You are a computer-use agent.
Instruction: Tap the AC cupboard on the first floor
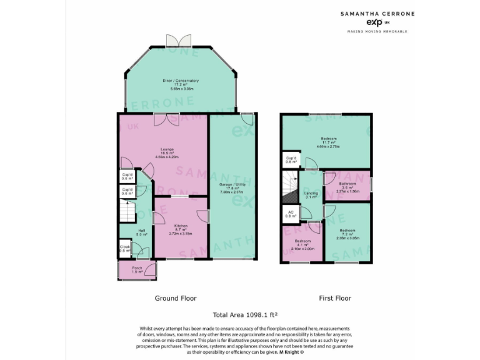290,213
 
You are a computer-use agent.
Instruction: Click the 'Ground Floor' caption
176,298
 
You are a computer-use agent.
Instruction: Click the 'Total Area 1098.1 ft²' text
246,316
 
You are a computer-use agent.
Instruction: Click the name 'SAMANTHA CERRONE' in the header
377,12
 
